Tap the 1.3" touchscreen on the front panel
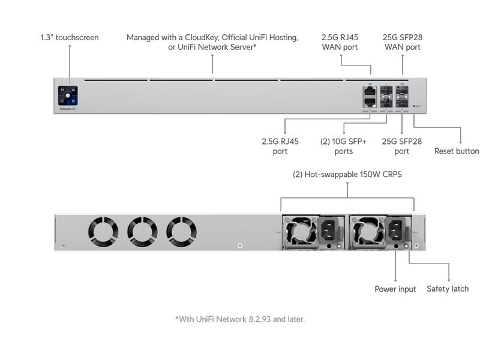tap(68, 95)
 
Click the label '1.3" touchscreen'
tap(70, 37)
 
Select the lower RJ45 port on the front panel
tap(369, 102)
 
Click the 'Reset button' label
tap(457, 151)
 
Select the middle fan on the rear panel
tap(142, 231)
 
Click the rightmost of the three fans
tap(181, 231)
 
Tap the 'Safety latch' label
tap(448, 289)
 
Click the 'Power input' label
tap(395, 289)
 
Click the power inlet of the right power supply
tap(396, 230)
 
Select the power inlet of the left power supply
tap(329, 230)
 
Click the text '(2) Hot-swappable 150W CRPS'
tap(347, 175)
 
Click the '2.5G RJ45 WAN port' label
tap(340, 41)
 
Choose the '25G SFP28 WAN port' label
tap(401, 41)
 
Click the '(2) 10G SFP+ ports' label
tap(342, 146)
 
